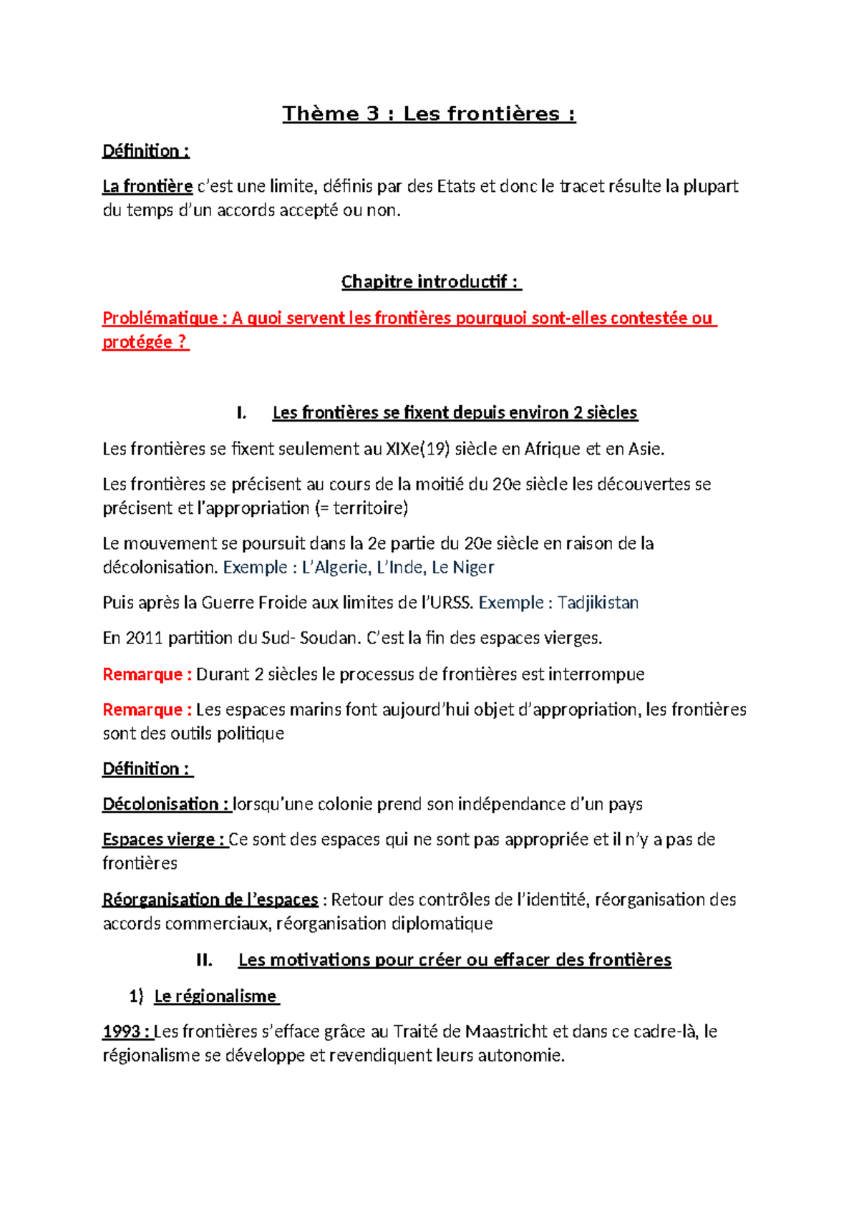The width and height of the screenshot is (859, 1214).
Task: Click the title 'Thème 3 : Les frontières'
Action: (x=429, y=114)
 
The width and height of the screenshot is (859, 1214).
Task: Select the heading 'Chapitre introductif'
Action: (x=431, y=282)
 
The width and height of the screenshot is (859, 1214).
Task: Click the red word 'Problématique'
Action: (x=159, y=318)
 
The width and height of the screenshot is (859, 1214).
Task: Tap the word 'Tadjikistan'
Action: (x=598, y=603)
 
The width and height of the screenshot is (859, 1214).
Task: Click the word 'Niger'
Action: (x=473, y=568)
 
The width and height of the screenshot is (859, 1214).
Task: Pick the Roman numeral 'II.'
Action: (x=204, y=960)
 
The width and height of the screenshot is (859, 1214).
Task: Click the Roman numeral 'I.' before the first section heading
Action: (x=241, y=413)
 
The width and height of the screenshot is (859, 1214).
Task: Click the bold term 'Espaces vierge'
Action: (x=158, y=840)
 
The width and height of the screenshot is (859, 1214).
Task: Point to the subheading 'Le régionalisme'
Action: (x=215, y=996)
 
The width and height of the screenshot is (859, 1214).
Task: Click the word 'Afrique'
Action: (x=553, y=449)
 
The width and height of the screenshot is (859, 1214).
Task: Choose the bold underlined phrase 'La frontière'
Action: (x=147, y=187)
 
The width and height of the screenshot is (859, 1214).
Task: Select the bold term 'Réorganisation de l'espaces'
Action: (x=210, y=900)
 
